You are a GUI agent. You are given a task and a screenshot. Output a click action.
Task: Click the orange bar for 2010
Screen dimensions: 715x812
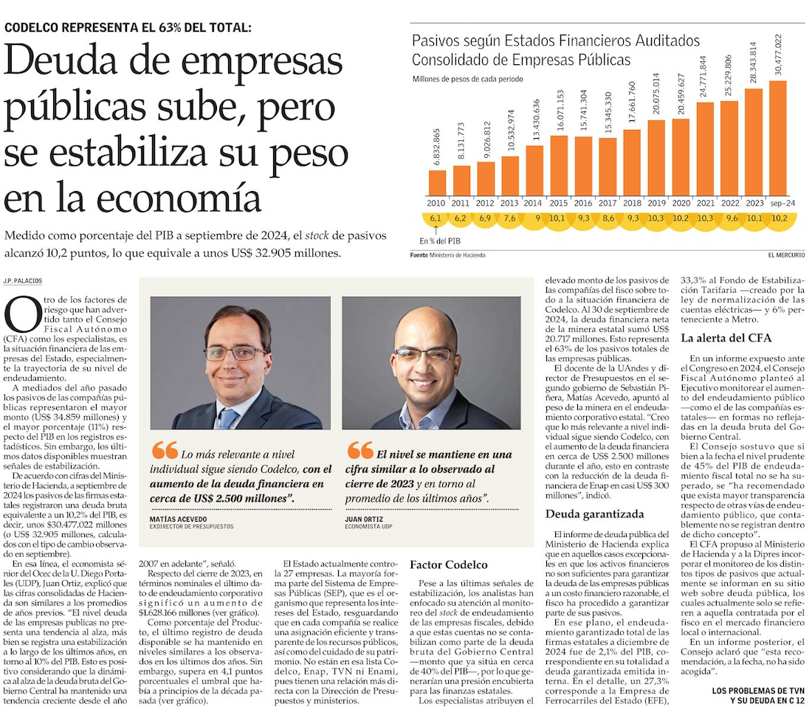[x=438, y=182]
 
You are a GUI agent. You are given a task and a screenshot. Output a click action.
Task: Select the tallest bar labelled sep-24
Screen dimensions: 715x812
[x=778, y=137]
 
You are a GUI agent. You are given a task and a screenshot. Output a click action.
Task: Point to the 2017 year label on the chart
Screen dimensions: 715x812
[x=608, y=202]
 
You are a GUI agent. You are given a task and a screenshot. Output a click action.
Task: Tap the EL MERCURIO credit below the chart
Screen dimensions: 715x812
[x=786, y=255]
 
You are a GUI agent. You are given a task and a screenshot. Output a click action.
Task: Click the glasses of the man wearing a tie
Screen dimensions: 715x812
[x=235, y=353]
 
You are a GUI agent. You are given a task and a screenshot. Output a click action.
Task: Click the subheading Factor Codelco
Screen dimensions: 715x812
[x=448, y=564]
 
